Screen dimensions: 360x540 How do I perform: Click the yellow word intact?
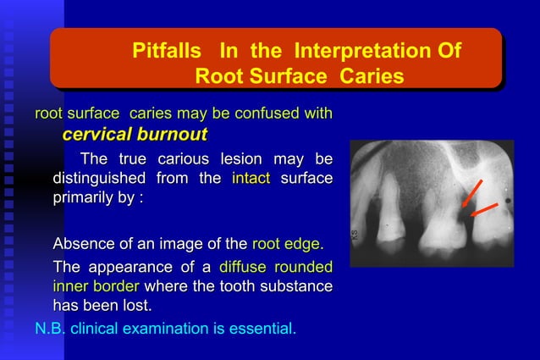(x=250, y=179)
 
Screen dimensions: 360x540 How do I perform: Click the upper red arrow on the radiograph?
(x=472, y=193)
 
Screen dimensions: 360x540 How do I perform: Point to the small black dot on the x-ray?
(x=506, y=201)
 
